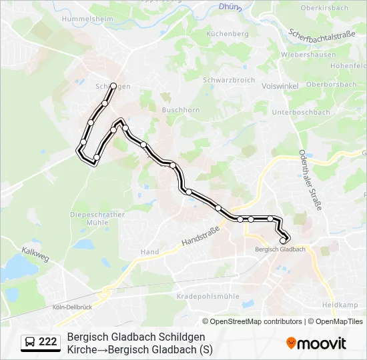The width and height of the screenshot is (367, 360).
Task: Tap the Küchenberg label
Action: [228, 33]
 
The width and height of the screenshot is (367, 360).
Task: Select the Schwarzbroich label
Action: [229, 79]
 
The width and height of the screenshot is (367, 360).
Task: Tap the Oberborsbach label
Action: [331, 85]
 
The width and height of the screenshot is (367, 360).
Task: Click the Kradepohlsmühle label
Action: [208, 296]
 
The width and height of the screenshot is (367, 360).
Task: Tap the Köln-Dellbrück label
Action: [71, 307]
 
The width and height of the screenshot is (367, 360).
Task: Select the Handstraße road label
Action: [201, 233]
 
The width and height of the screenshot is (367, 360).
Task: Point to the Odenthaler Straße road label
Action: [310, 180]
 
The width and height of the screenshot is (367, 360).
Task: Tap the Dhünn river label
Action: [230, 7]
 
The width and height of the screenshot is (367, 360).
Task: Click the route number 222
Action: [47, 342]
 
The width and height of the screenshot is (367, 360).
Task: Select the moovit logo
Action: [316, 343]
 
